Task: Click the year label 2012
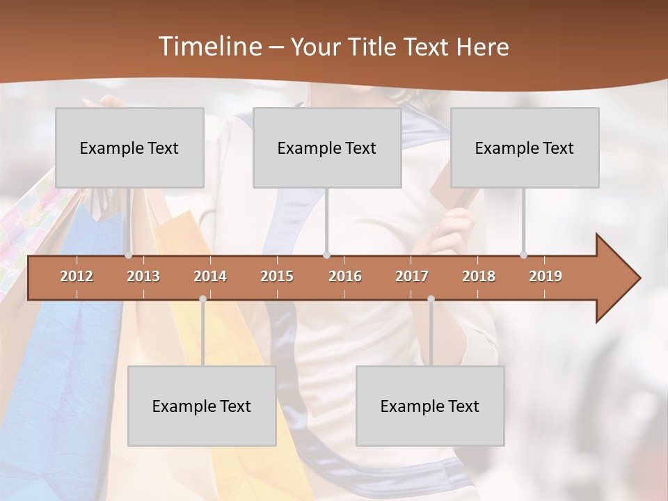tap(77, 276)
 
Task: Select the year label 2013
tap(143, 276)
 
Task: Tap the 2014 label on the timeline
tap(210, 276)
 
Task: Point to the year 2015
tap(277, 276)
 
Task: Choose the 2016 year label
tap(345, 276)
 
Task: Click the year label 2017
tap(412, 276)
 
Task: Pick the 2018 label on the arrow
tap(479, 276)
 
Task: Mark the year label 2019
tap(546, 276)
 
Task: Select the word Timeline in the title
tap(209, 47)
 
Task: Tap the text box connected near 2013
tap(129, 148)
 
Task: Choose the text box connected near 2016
tap(327, 148)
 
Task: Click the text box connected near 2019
tap(525, 148)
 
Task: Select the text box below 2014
tap(202, 406)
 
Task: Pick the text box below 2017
tap(430, 406)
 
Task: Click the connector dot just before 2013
tap(128, 255)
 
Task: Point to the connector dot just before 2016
tap(327, 255)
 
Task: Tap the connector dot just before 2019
tap(524, 255)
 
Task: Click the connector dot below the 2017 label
tap(431, 299)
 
